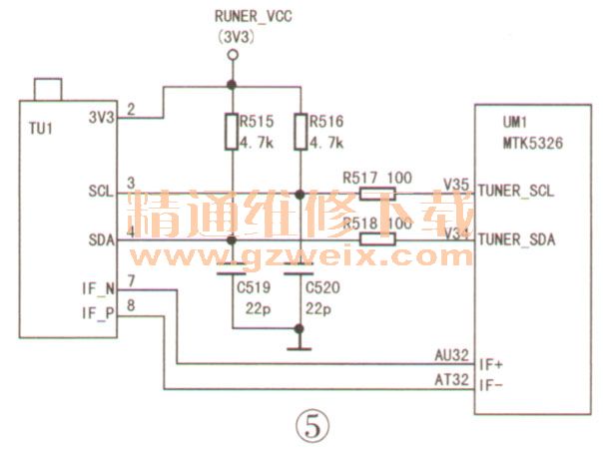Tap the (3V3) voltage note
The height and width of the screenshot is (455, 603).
coord(237,36)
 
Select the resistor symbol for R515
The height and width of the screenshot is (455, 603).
coord(232,132)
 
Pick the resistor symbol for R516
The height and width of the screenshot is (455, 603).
coord(300,132)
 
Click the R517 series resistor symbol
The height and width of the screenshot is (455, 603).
coord(369,195)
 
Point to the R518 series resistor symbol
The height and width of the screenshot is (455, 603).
coord(369,239)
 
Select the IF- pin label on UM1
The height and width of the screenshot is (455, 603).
coord(490,386)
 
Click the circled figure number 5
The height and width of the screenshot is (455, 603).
coord(310,425)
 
